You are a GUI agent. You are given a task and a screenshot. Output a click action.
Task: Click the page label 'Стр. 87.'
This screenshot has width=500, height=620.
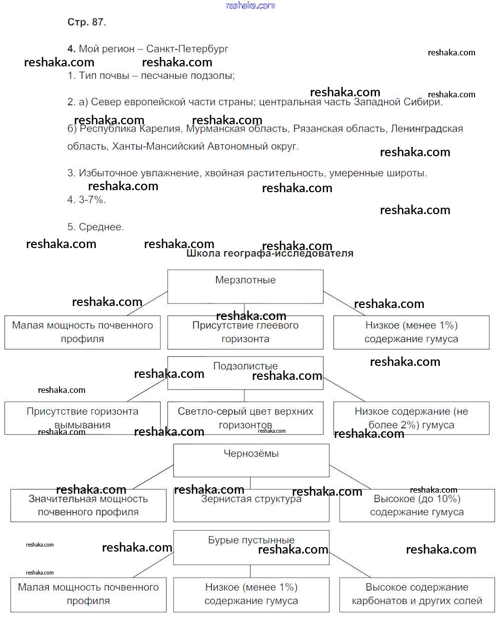pyautogui.click(x=86, y=22)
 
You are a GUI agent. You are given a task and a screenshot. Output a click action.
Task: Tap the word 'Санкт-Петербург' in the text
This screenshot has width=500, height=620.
pyautogui.click(x=187, y=49)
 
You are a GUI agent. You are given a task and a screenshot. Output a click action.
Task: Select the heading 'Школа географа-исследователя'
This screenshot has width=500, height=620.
pyautogui.click(x=269, y=253)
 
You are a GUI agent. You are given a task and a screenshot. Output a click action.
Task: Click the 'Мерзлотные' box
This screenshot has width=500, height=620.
pyautogui.click(x=245, y=286)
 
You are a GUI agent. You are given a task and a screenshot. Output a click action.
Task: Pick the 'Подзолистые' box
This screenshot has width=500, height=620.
pyautogui.click(x=245, y=372)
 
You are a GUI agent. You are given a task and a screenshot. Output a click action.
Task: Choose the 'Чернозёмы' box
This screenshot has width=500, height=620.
pyautogui.click(x=251, y=460)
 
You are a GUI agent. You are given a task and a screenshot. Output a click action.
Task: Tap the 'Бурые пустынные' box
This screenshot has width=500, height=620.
pyautogui.click(x=251, y=547)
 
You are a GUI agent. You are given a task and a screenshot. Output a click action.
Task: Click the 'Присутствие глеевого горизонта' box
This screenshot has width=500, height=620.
pyautogui.click(x=245, y=332)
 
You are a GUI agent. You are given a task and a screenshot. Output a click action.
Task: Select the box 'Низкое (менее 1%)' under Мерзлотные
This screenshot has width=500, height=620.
pyautogui.click(x=411, y=332)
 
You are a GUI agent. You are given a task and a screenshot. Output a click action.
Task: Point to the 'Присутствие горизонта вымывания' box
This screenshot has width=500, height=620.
pyautogui.click(x=82, y=418)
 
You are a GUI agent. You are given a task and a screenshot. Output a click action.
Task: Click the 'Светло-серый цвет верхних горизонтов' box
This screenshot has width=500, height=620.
pyautogui.click(x=245, y=418)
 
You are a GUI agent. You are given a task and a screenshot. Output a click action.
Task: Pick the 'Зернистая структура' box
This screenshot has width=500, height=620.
pyautogui.click(x=251, y=505)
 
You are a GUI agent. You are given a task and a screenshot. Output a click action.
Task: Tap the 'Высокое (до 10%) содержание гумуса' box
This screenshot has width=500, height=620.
pyautogui.click(x=416, y=505)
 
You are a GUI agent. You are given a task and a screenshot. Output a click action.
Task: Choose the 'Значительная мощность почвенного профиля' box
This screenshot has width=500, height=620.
pyautogui.click(x=88, y=505)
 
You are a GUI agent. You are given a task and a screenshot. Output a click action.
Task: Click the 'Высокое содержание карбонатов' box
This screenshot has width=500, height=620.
pyautogui.click(x=416, y=594)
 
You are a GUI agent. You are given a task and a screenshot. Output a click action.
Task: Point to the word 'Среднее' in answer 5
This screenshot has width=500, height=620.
pyautogui.click(x=101, y=227)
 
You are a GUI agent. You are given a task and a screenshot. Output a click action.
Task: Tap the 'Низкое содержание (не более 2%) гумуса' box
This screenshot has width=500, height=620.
pyautogui.click(x=411, y=418)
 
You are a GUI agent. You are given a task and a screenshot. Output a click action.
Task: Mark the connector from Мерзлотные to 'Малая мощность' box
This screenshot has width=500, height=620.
pyautogui.click(x=147, y=304)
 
